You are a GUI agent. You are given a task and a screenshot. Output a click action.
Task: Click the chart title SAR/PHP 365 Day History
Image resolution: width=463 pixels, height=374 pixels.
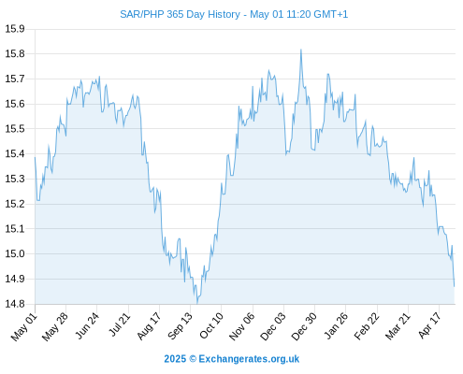(x=180, y=14)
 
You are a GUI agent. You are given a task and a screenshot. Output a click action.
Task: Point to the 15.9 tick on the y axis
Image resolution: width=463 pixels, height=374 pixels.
(x=15, y=29)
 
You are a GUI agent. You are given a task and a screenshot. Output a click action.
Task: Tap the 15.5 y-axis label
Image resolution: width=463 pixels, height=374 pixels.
(x=15, y=129)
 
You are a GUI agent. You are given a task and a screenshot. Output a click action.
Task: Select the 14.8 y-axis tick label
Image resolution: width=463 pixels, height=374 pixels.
(x=15, y=304)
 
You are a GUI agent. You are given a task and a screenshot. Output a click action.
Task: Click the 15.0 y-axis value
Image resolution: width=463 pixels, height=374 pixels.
(x=15, y=253)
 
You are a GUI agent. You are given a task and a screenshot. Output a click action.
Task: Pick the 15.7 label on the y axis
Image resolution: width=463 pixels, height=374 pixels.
(x=15, y=79)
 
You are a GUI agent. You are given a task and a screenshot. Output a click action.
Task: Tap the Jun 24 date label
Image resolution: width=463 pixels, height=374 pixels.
(x=87, y=325)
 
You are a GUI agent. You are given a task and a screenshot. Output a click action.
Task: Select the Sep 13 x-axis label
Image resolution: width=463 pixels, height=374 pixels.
(x=180, y=326)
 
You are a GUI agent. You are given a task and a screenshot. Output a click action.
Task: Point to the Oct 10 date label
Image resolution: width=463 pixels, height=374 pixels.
(x=211, y=325)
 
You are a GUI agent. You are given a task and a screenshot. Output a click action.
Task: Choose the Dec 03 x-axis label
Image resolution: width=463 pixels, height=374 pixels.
(x=273, y=326)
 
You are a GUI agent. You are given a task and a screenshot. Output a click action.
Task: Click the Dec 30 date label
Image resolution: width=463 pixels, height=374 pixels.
(x=304, y=326)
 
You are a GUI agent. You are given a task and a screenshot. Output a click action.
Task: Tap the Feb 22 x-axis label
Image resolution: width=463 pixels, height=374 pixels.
(x=367, y=326)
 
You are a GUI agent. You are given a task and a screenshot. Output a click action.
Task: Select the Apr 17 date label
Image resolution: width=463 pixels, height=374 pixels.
(x=429, y=325)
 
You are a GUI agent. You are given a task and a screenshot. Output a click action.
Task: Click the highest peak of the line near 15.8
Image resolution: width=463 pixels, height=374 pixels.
(x=301, y=50)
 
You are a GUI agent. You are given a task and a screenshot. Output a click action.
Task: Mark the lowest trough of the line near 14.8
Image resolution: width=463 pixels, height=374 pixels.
(x=197, y=303)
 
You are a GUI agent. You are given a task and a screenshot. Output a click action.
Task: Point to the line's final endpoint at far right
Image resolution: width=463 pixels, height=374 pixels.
(x=455, y=286)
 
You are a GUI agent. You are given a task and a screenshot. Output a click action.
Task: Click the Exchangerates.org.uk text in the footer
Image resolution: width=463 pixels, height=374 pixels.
(x=249, y=359)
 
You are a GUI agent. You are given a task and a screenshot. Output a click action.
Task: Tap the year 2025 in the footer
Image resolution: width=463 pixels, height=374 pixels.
(x=175, y=359)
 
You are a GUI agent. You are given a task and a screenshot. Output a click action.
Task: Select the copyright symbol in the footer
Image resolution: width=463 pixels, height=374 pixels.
(x=193, y=359)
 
